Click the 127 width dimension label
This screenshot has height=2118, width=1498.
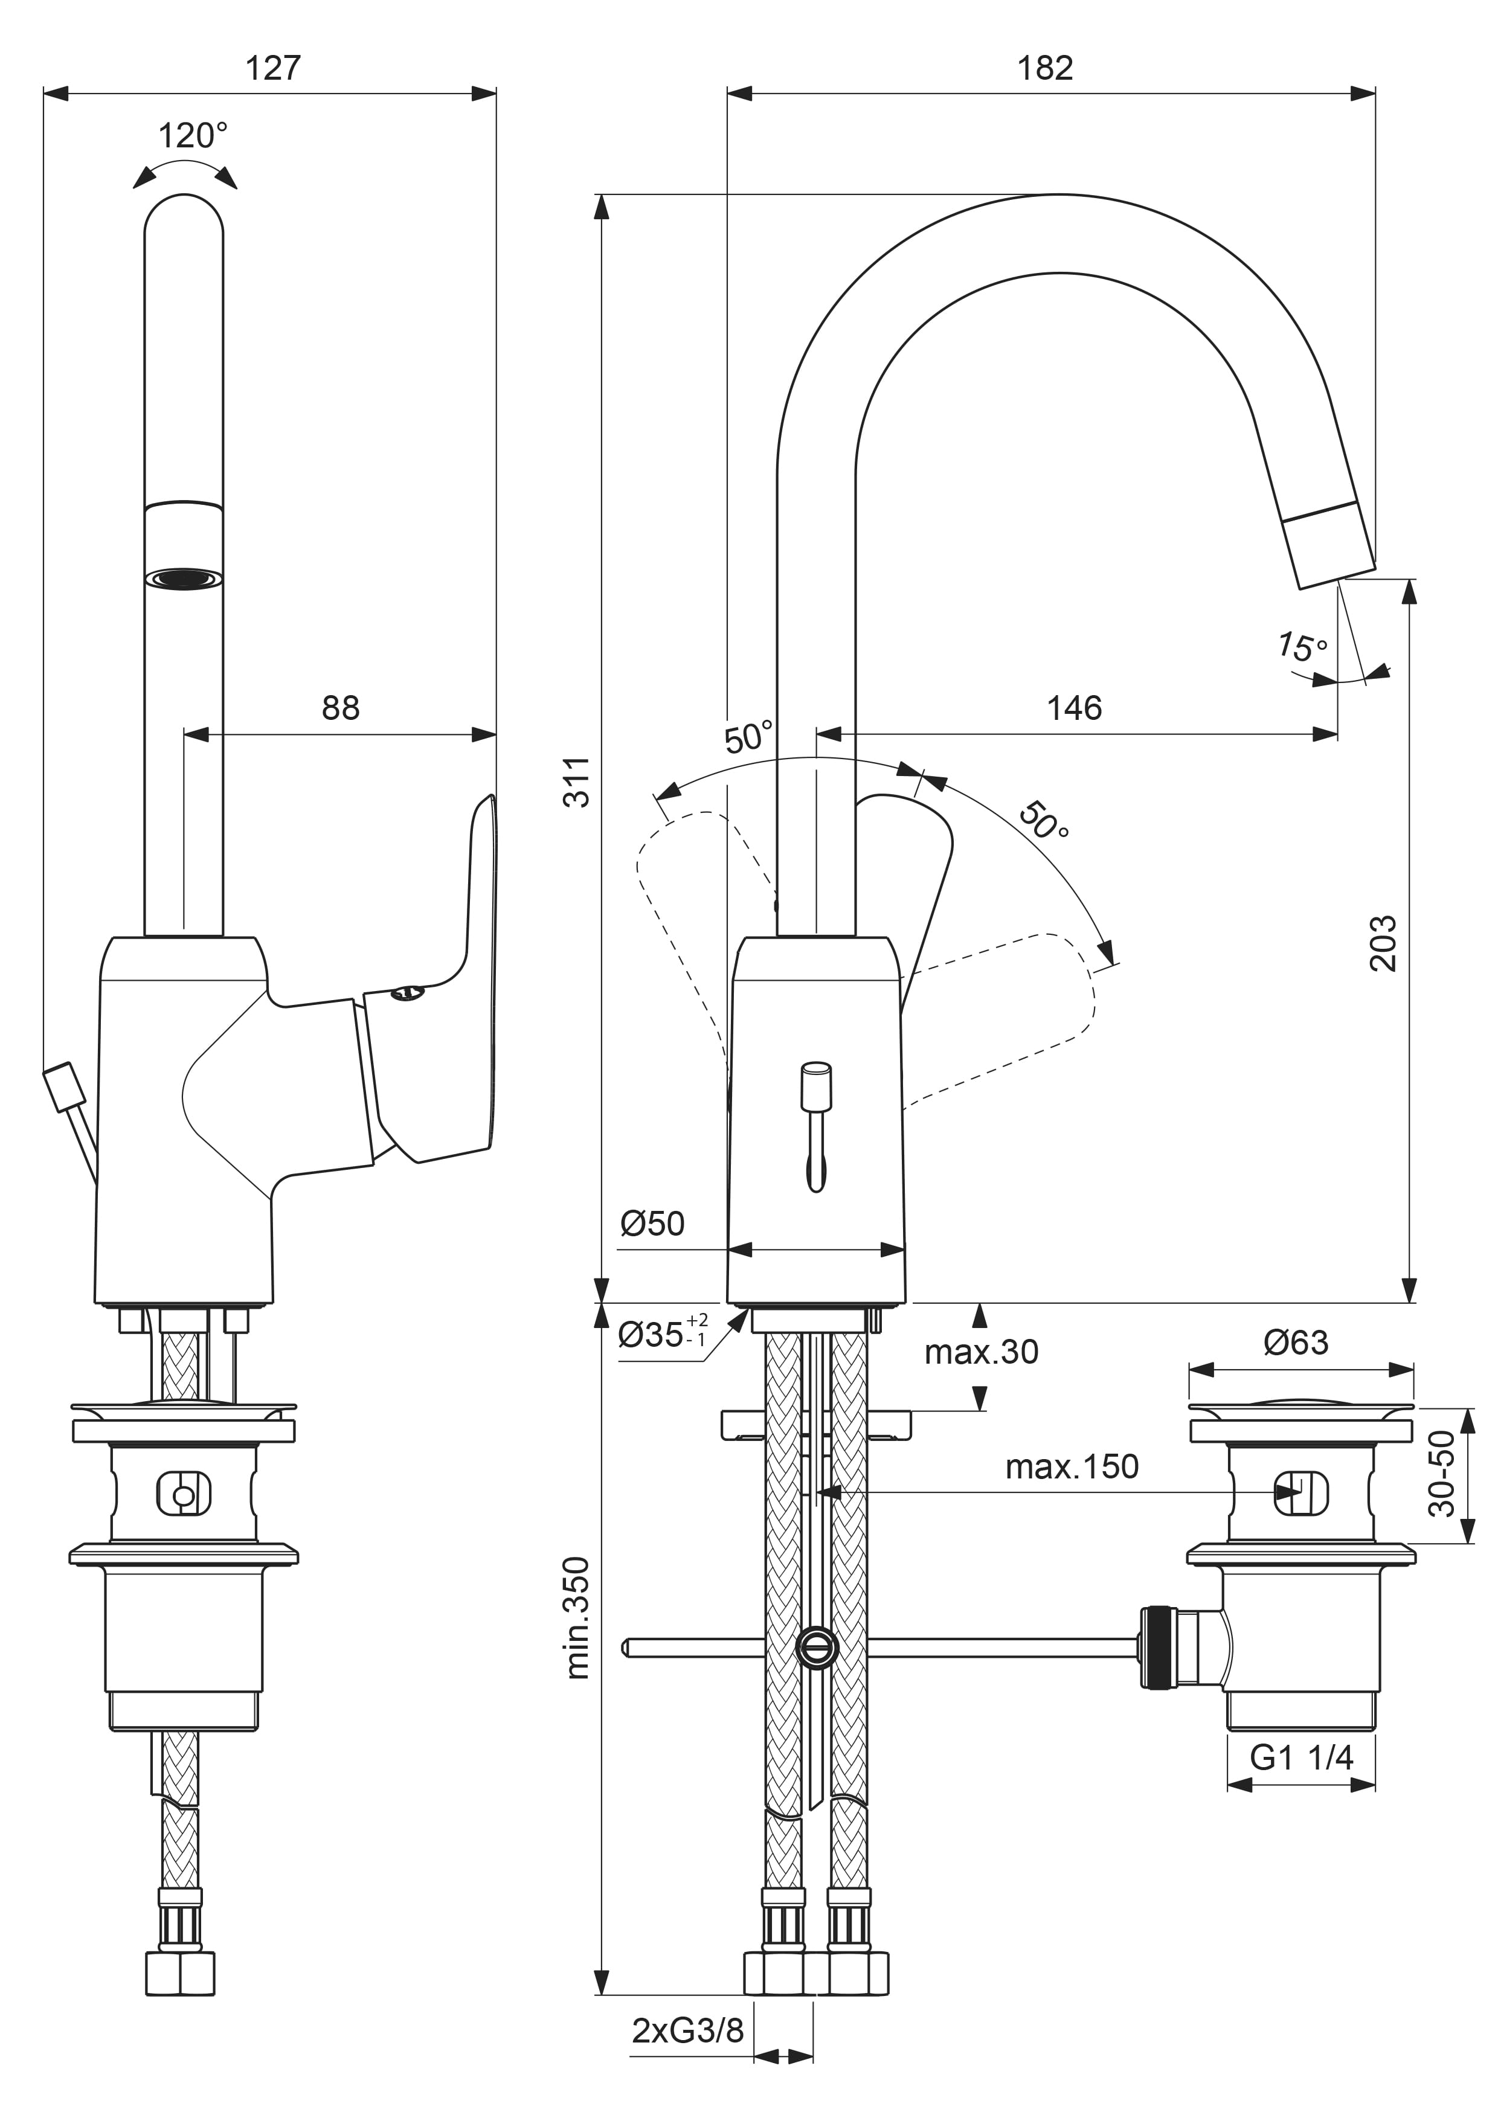[273, 68]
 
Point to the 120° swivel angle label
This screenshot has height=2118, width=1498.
[193, 136]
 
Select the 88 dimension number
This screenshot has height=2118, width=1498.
[340, 708]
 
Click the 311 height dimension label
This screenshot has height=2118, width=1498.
[577, 782]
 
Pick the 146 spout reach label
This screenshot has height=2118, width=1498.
[1075, 708]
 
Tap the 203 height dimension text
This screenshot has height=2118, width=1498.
[1384, 944]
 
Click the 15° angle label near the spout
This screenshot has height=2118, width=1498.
[1302, 647]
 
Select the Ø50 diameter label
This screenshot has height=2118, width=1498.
[652, 1224]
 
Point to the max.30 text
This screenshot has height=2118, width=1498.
[982, 1352]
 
